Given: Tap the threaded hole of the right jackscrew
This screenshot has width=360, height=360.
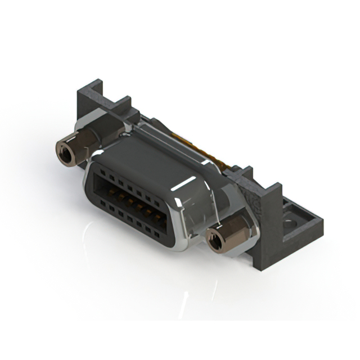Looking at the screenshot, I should (x=214, y=241).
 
